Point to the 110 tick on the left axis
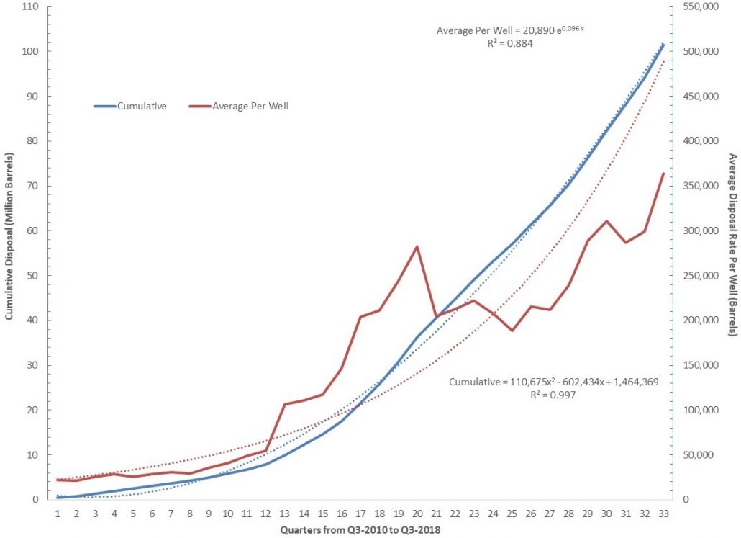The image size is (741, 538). point(31,6)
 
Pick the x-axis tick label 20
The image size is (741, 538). point(417,514)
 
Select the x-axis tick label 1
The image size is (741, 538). point(57,514)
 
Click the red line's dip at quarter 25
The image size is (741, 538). point(512,331)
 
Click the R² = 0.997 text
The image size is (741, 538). point(550,395)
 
